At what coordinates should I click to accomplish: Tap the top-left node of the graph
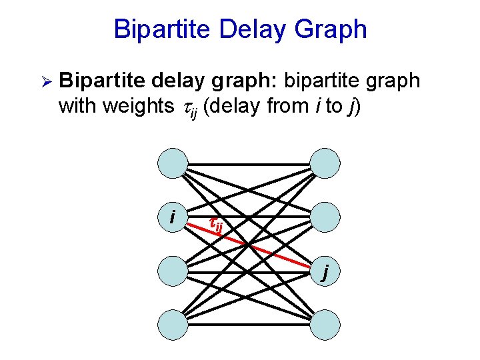click(x=173, y=162)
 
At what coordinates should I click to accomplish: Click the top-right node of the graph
click(x=326, y=162)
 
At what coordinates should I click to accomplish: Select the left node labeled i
click(x=173, y=217)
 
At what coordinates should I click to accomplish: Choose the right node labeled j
click(x=326, y=271)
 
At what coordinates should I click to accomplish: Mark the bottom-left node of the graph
click(x=173, y=326)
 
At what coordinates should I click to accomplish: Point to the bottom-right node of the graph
click(x=326, y=326)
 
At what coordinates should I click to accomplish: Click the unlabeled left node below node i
click(x=173, y=271)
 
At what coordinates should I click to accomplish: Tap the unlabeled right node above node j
click(x=326, y=217)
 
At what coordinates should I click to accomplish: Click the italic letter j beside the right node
click(x=325, y=273)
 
